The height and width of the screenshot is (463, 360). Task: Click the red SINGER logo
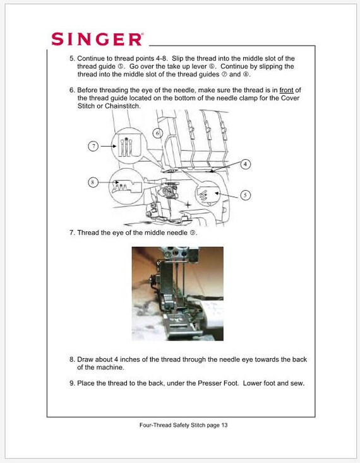pos(97,39)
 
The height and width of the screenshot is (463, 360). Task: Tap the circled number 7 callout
pos(93,146)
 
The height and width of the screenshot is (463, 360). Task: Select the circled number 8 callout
pos(93,182)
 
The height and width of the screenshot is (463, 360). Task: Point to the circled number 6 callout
pos(157,133)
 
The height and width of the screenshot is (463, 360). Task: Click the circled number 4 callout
pos(246,164)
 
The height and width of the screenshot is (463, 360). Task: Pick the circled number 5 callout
pos(245,195)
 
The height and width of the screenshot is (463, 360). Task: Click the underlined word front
pos(286,90)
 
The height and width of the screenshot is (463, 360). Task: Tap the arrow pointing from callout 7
pos(109,146)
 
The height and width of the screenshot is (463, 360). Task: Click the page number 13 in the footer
pos(224,425)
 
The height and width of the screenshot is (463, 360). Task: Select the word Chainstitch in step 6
pos(123,106)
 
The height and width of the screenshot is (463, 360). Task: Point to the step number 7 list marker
pos(73,232)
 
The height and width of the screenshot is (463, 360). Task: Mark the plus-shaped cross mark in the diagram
pos(188,204)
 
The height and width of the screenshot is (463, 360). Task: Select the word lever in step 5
pos(200,66)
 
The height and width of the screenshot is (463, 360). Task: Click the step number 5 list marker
pos(73,59)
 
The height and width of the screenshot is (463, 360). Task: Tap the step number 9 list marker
pos(73,383)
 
